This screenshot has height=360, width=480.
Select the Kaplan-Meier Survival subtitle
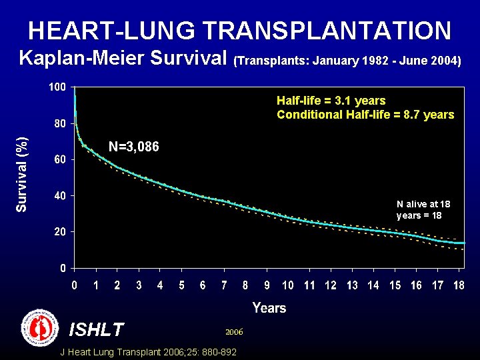click(123, 59)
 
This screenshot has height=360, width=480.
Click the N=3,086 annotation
click(133, 147)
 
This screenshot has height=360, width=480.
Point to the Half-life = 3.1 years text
click(331, 101)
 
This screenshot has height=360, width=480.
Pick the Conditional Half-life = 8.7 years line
click(365, 115)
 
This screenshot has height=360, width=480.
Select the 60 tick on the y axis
click(59, 160)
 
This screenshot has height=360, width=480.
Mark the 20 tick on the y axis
click(59, 232)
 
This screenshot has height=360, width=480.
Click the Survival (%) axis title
click(23, 175)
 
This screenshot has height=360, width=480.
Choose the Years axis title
click(269, 308)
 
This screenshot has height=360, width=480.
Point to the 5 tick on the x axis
click(181, 285)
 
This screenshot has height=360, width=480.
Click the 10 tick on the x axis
click(288, 285)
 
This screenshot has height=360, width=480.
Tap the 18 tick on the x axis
click(459, 285)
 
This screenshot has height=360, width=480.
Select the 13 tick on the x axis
click(352, 285)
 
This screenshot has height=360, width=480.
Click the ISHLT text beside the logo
click(97, 329)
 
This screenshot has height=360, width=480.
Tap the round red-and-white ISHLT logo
click(40, 327)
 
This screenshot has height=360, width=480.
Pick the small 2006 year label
click(234, 331)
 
